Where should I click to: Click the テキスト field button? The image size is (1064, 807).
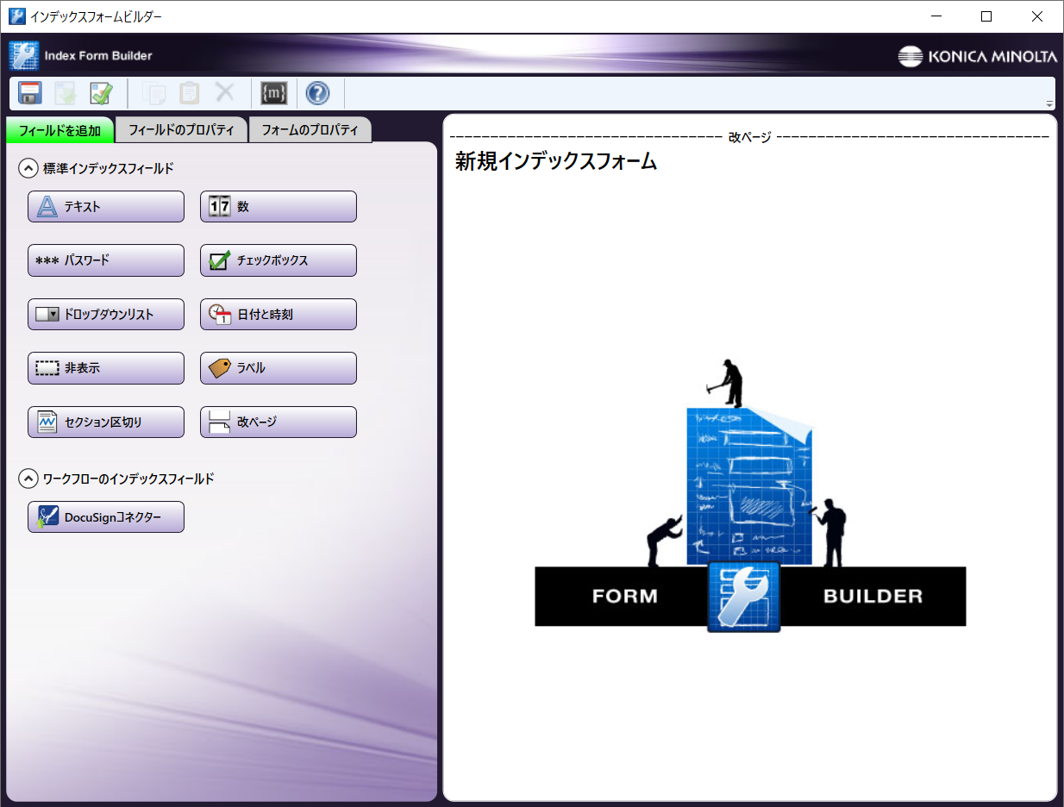point(106,206)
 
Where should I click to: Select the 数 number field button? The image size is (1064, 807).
point(279,206)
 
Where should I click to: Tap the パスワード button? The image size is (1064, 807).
point(106,260)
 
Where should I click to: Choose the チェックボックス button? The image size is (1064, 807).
point(279,260)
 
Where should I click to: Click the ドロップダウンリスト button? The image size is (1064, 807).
point(106,314)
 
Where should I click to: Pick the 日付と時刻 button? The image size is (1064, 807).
point(279,314)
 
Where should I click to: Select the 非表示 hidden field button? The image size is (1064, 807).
point(106,368)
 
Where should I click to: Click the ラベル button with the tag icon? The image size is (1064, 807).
point(279,368)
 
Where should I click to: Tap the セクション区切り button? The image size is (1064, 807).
point(106,422)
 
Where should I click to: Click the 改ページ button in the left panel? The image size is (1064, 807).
point(279,422)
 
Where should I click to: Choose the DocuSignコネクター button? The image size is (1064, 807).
point(106,516)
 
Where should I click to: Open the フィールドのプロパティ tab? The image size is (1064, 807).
point(181,130)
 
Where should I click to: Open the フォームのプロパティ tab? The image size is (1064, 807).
point(310,130)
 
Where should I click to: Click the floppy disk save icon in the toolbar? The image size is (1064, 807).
point(30,92)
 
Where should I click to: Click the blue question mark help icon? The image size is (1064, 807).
point(317,93)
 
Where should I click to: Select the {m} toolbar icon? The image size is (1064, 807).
point(274,93)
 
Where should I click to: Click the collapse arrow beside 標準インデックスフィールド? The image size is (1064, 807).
point(28,168)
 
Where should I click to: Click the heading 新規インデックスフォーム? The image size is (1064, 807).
point(556,161)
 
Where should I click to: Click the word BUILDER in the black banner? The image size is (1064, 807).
point(873,596)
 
